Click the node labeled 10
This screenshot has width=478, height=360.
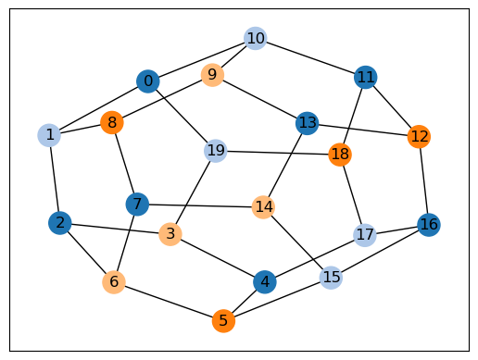256,38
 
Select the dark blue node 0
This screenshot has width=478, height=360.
148,81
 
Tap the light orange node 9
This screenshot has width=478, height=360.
212,75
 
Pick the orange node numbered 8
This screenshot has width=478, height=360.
112,122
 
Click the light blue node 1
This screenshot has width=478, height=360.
49,135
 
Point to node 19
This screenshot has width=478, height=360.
216,151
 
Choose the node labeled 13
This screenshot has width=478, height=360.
307,123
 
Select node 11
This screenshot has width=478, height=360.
366,77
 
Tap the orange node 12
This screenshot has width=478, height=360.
419,136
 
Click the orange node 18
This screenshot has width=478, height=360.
340,155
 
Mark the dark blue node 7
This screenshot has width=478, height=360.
137,205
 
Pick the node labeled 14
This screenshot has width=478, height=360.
264,207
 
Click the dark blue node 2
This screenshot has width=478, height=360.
60,223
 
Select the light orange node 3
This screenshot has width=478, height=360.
170,234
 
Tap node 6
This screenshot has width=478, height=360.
114,282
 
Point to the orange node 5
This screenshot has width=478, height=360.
223,321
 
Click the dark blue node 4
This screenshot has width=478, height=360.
265,281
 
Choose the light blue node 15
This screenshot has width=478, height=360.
331,278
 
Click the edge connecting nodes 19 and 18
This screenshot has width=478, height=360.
278,153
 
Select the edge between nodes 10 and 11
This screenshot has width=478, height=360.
310,57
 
